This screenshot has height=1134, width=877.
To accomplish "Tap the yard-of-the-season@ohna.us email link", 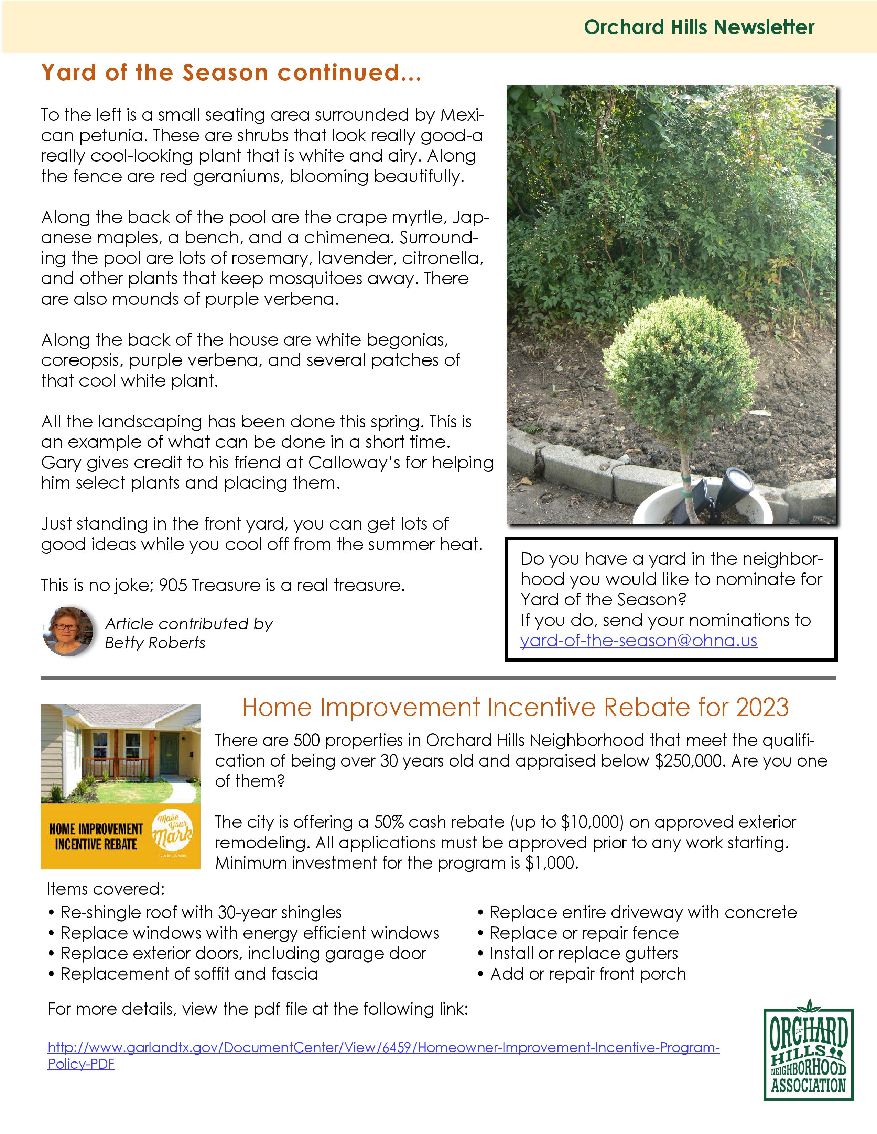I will (639, 641).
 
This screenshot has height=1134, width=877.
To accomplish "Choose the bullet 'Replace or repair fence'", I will (584, 933).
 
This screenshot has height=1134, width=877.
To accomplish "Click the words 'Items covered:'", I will (106, 889).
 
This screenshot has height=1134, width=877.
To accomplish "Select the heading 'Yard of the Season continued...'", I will (231, 73).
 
